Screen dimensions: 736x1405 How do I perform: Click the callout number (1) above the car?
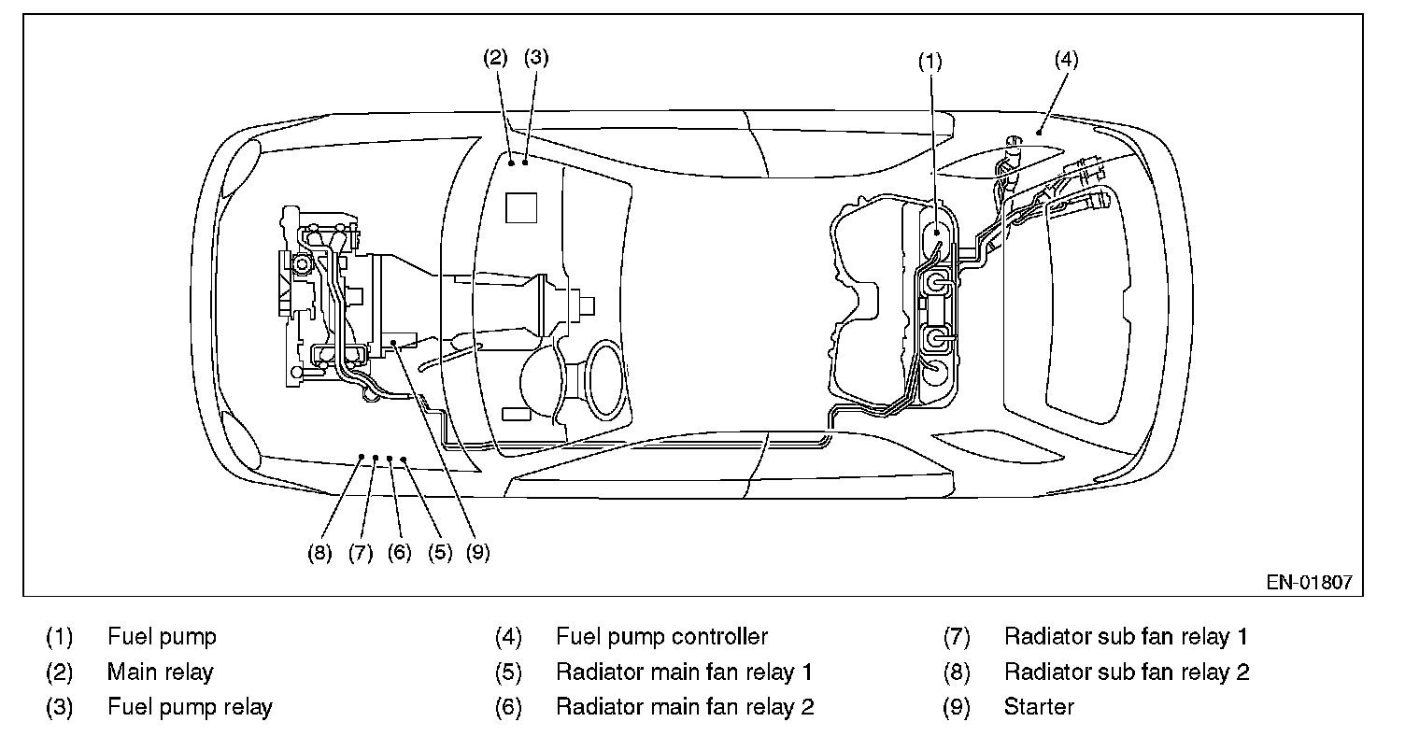(x=929, y=61)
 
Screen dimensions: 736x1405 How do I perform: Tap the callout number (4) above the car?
(x=1066, y=59)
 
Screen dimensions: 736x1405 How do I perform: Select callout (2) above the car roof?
(x=495, y=57)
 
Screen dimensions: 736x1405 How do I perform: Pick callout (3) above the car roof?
(x=536, y=57)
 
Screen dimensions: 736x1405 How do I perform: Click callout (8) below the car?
(x=319, y=552)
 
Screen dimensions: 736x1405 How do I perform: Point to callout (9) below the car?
(x=477, y=552)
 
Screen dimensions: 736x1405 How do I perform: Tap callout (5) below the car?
(x=440, y=552)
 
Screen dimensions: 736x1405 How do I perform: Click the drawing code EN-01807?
(x=1309, y=582)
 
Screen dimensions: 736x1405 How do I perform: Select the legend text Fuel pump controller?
(x=661, y=637)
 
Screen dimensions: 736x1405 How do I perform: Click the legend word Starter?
(x=1039, y=707)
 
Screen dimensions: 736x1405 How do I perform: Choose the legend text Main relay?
(x=161, y=672)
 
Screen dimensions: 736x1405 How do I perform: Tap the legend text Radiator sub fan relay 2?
(x=1127, y=672)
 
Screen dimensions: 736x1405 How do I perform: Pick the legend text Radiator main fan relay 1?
(x=684, y=672)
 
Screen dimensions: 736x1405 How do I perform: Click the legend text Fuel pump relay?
(x=190, y=707)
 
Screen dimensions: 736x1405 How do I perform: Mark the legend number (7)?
(x=958, y=637)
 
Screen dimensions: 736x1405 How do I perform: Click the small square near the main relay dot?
(x=522, y=206)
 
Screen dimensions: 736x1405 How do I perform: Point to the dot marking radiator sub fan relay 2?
(x=362, y=456)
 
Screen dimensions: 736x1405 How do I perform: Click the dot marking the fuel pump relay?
(x=527, y=163)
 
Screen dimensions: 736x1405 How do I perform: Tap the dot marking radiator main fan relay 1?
(x=404, y=460)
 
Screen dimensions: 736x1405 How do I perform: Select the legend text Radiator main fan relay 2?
(x=685, y=707)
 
